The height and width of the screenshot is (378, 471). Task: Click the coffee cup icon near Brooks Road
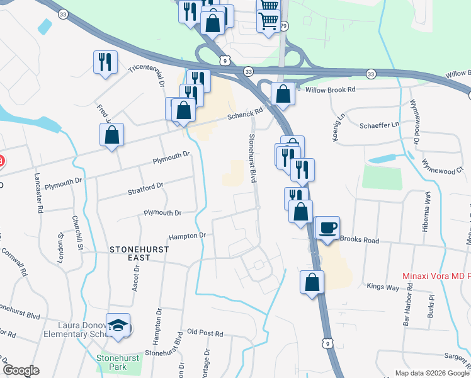coord(327,227)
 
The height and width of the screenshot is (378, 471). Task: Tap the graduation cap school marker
coord(118,325)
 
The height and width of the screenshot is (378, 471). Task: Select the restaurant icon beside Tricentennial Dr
coord(105,62)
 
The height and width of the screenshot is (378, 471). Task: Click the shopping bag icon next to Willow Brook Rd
coord(283,94)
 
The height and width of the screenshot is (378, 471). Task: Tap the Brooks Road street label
coord(360,240)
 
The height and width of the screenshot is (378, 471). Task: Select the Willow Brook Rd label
coord(330,89)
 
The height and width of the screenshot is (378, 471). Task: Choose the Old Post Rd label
coord(205,332)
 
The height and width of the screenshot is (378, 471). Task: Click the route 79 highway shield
coord(284,26)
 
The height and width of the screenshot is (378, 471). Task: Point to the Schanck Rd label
coord(244,113)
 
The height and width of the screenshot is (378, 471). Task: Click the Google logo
coord(20,370)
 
